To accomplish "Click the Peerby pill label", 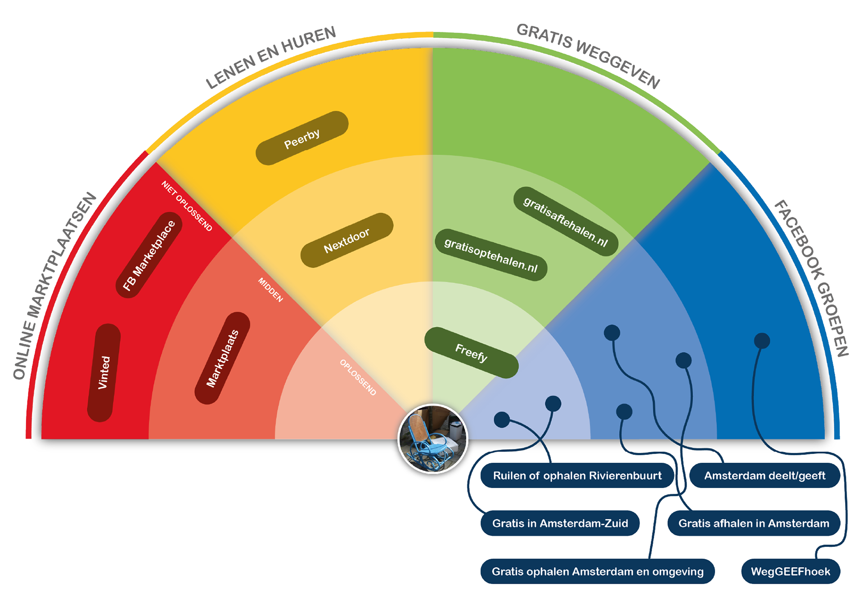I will (x=302, y=138).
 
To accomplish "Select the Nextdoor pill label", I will (x=346, y=240).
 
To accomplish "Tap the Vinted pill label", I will (x=104, y=372).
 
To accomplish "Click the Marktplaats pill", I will (x=222, y=358).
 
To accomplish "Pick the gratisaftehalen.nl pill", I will (x=566, y=221).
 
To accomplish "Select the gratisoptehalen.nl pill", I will (x=491, y=255).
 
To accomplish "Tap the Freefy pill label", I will (x=471, y=353).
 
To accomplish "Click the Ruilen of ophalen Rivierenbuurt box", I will (x=577, y=475).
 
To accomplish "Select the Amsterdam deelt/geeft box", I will (x=765, y=475).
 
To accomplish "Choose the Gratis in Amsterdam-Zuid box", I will (x=560, y=523).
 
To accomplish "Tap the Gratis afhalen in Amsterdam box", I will (x=754, y=523).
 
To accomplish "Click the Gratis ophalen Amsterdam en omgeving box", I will (x=597, y=571).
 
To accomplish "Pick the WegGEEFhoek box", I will (x=790, y=571).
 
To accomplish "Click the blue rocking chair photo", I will (x=433, y=439).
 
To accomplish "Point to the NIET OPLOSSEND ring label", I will (x=187, y=206).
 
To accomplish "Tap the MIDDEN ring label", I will (x=270, y=290).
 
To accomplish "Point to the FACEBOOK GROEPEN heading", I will (x=811, y=277).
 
